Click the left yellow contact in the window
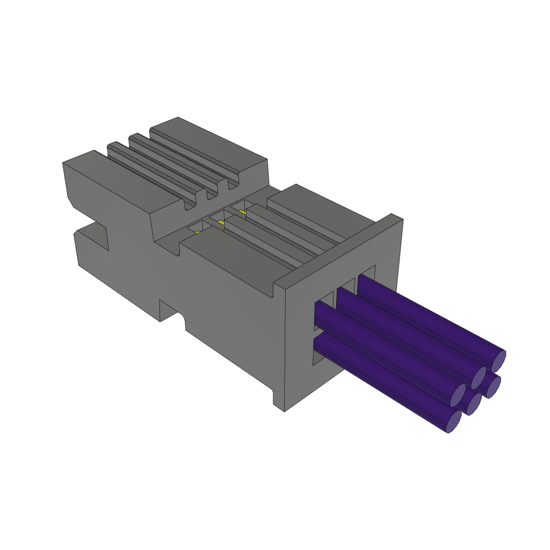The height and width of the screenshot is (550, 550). [198, 232]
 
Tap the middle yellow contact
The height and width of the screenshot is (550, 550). [221, 222]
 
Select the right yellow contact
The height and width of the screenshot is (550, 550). [243, 212]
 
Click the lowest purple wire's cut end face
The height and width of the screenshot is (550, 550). [453, 421]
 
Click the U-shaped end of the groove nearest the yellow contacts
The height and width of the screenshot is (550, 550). [190, 204]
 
